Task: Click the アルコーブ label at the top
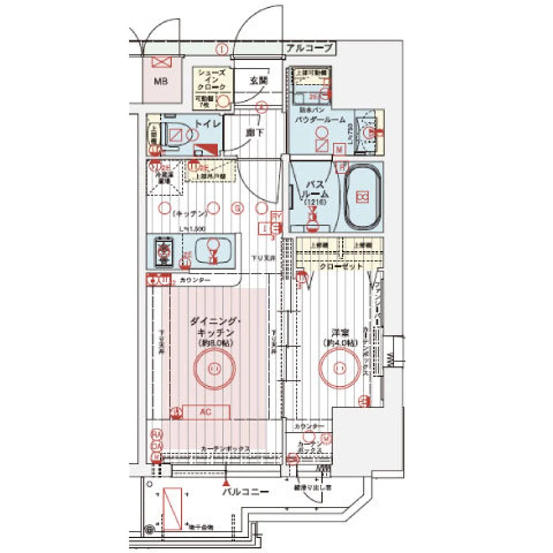[x=309, y=48]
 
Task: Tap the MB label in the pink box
[x=160, y=82]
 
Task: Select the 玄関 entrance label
[x=259, y=80]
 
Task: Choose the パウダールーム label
[x=320, y=120]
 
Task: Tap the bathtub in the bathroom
[x=363, y=197]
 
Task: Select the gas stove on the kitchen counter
[x=164, y=252]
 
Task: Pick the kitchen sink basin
[x=212, y=251]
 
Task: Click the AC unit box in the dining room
[x=206, y=412]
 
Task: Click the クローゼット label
[x=341, y=267]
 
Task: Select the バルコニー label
[x=245, y=492]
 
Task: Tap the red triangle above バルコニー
[x=225, y=483]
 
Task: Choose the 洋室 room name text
[x=340, y=332]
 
